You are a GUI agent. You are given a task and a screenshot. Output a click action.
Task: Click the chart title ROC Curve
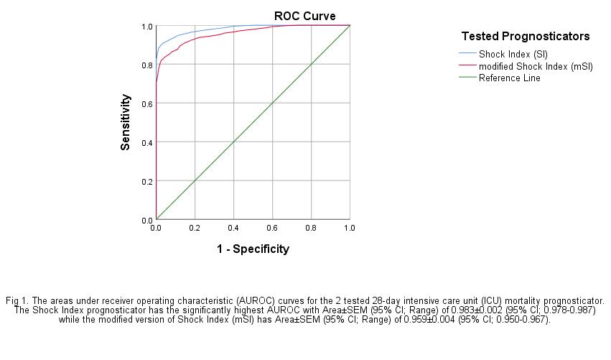click(x=304, y=16)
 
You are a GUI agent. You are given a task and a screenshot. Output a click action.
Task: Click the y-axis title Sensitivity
click(x=126, y=122)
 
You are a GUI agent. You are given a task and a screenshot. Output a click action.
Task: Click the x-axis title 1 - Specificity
click(x=253, y=249)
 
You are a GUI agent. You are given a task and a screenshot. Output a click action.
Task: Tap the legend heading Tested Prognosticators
click(x=525, y=36)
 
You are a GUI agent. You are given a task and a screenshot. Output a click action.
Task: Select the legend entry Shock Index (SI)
click(x=513, y=54)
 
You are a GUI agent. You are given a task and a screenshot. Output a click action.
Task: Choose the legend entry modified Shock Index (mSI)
click(x=535, y=66)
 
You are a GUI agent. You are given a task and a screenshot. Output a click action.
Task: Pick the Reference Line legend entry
click(x=509, y=78)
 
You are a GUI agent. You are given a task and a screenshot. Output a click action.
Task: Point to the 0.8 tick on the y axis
click(x=146, y=65)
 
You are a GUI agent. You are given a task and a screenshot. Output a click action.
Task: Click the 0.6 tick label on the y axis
click(x=146, y=103)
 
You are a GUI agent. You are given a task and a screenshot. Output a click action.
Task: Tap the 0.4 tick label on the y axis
click(x=146, y=142)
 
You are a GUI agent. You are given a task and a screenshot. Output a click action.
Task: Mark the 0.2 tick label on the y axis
click(x=146, y=181)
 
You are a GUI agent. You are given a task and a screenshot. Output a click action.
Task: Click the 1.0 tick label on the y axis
click(x=146, y=27)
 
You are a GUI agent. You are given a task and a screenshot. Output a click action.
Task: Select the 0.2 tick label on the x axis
click(x=195, y=228)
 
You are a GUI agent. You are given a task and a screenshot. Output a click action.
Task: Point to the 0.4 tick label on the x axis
click(x=233, y=228)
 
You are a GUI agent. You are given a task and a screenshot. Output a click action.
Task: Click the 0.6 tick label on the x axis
click(x=272, y=228)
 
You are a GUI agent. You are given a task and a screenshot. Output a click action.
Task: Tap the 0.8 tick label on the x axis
click(x=311, y=228)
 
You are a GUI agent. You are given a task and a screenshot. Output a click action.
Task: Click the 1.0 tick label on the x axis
click(x=350, y=228)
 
